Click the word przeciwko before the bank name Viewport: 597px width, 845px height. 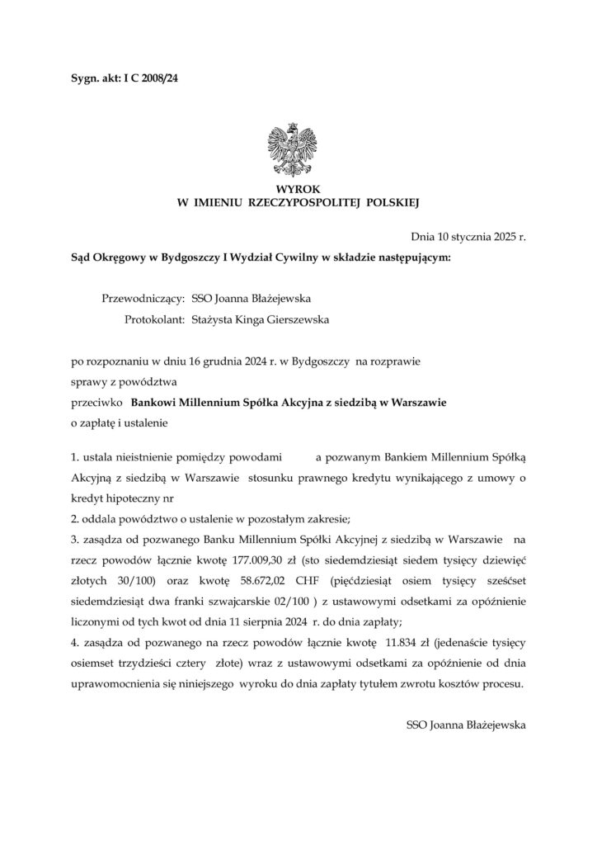(x=97, y=403)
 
